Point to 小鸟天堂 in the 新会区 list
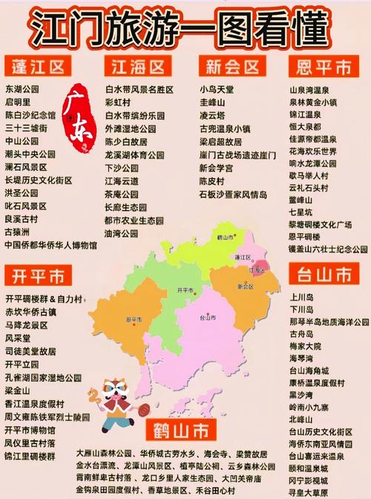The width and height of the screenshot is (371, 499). pos(217,88)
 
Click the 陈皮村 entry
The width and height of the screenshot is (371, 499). pos(212,181)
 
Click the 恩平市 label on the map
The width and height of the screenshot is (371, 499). pos(135,319)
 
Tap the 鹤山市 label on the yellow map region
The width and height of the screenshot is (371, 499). pos(226,237)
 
